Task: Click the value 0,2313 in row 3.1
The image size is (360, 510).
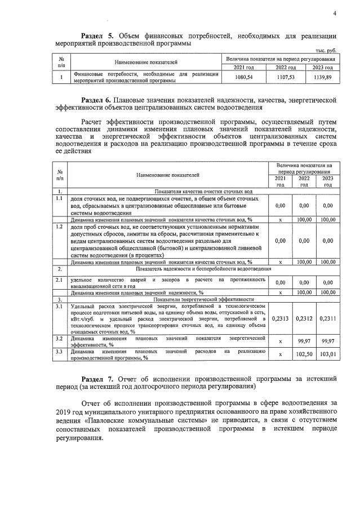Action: pos(280,318)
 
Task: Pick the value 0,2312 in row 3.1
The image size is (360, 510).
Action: pos(304,318)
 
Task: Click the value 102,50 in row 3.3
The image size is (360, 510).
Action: pos(304,354)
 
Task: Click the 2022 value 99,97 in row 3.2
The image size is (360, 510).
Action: pos(304,341)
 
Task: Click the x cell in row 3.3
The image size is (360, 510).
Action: pos(280,354)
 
